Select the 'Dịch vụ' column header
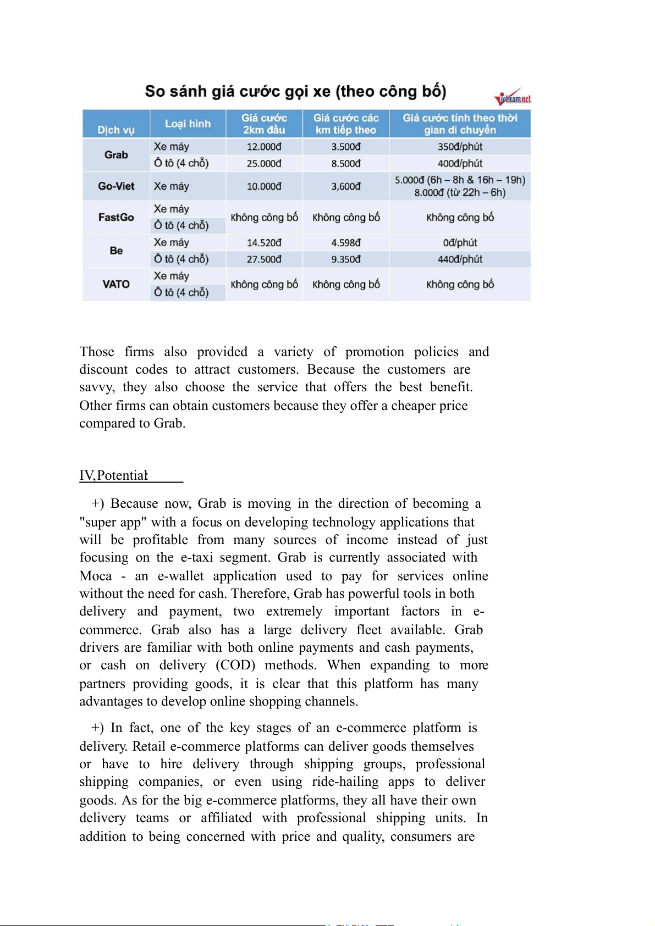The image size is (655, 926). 116,130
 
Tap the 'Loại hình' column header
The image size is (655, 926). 188,124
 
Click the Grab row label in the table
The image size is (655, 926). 116,155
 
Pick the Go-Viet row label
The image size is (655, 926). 116,186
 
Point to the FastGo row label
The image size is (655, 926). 116,217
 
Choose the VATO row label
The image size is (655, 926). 116,284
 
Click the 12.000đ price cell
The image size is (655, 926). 264,147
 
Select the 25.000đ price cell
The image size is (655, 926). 264,163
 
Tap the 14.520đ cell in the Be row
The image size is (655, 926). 264,242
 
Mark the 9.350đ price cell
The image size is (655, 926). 346,259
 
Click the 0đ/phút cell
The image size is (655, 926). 460,242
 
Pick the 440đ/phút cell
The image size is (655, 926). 460,259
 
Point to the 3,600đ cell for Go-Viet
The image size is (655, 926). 346,186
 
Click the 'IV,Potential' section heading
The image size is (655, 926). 114,475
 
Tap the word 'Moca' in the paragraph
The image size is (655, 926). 96,576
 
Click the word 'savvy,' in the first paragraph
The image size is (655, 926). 97,387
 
